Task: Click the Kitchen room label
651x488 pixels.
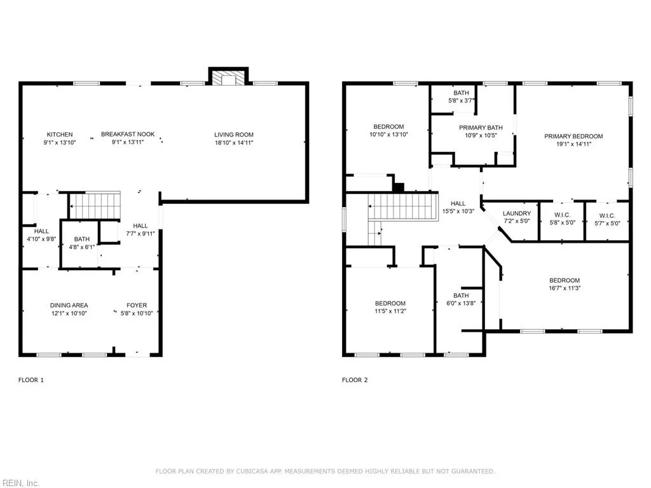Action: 60,134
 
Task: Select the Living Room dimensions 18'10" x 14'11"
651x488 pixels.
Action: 233,142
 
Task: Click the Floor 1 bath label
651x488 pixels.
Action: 81,239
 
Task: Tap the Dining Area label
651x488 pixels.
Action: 69,306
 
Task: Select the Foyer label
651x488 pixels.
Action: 137,306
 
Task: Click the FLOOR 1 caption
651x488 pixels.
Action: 31,380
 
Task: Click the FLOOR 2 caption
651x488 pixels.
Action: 355,380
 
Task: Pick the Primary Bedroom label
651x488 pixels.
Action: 573,136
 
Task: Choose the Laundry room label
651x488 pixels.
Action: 516,213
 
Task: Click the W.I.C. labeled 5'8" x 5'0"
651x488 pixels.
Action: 561,219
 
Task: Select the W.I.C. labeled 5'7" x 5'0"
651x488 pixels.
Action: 607,219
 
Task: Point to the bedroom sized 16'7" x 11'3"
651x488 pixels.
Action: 564,284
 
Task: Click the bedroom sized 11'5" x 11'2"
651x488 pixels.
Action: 390,307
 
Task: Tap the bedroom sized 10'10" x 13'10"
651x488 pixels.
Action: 388,130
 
